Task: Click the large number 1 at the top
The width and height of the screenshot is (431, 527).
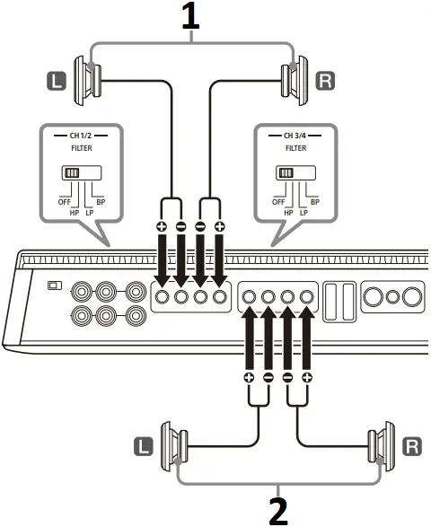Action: (190, 17)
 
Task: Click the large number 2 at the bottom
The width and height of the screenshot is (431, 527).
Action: (278, 509)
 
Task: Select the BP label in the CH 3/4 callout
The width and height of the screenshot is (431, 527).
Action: (313, 203)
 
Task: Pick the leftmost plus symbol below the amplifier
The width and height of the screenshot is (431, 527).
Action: (250, 378)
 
